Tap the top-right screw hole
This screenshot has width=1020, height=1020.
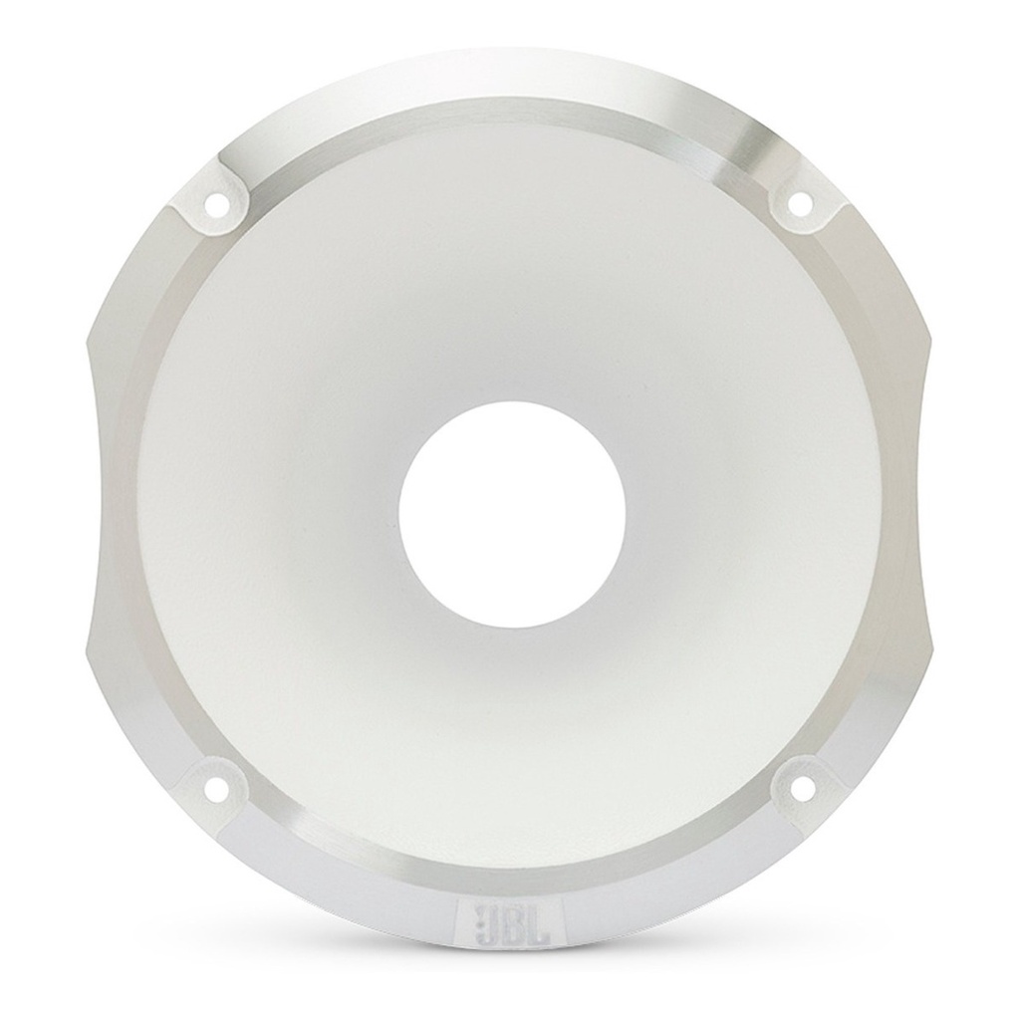pos(797,202)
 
